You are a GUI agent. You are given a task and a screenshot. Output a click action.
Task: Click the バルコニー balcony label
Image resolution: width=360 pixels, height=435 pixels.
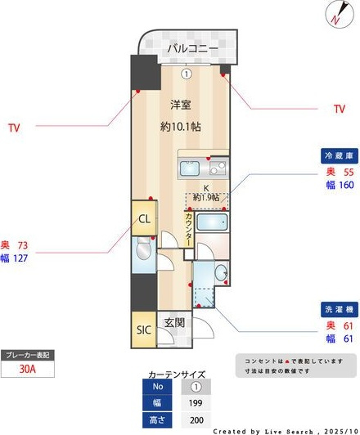coord(193,49)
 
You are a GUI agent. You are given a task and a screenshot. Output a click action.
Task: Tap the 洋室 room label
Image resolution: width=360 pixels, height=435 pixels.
coord(181,105)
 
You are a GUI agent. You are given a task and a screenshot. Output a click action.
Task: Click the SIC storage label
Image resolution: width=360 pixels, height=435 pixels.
coord(143,330)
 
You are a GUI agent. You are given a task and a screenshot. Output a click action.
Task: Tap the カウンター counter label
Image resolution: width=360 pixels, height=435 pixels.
coord(189,229)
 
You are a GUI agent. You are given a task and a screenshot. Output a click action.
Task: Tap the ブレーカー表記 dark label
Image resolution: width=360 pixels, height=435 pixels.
coord(29,355)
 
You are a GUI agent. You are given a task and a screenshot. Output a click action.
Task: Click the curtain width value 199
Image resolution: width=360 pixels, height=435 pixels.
coord(196,402)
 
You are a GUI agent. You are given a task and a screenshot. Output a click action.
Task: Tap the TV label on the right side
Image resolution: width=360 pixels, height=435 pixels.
coord(340,109)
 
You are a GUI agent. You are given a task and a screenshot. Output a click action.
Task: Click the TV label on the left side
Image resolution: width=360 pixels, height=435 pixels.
coord(13,128)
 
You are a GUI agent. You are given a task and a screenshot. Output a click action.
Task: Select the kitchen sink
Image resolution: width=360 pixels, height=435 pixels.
coord(218,170)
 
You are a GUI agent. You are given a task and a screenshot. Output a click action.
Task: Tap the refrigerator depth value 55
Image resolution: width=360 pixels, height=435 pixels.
coord(347,173)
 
